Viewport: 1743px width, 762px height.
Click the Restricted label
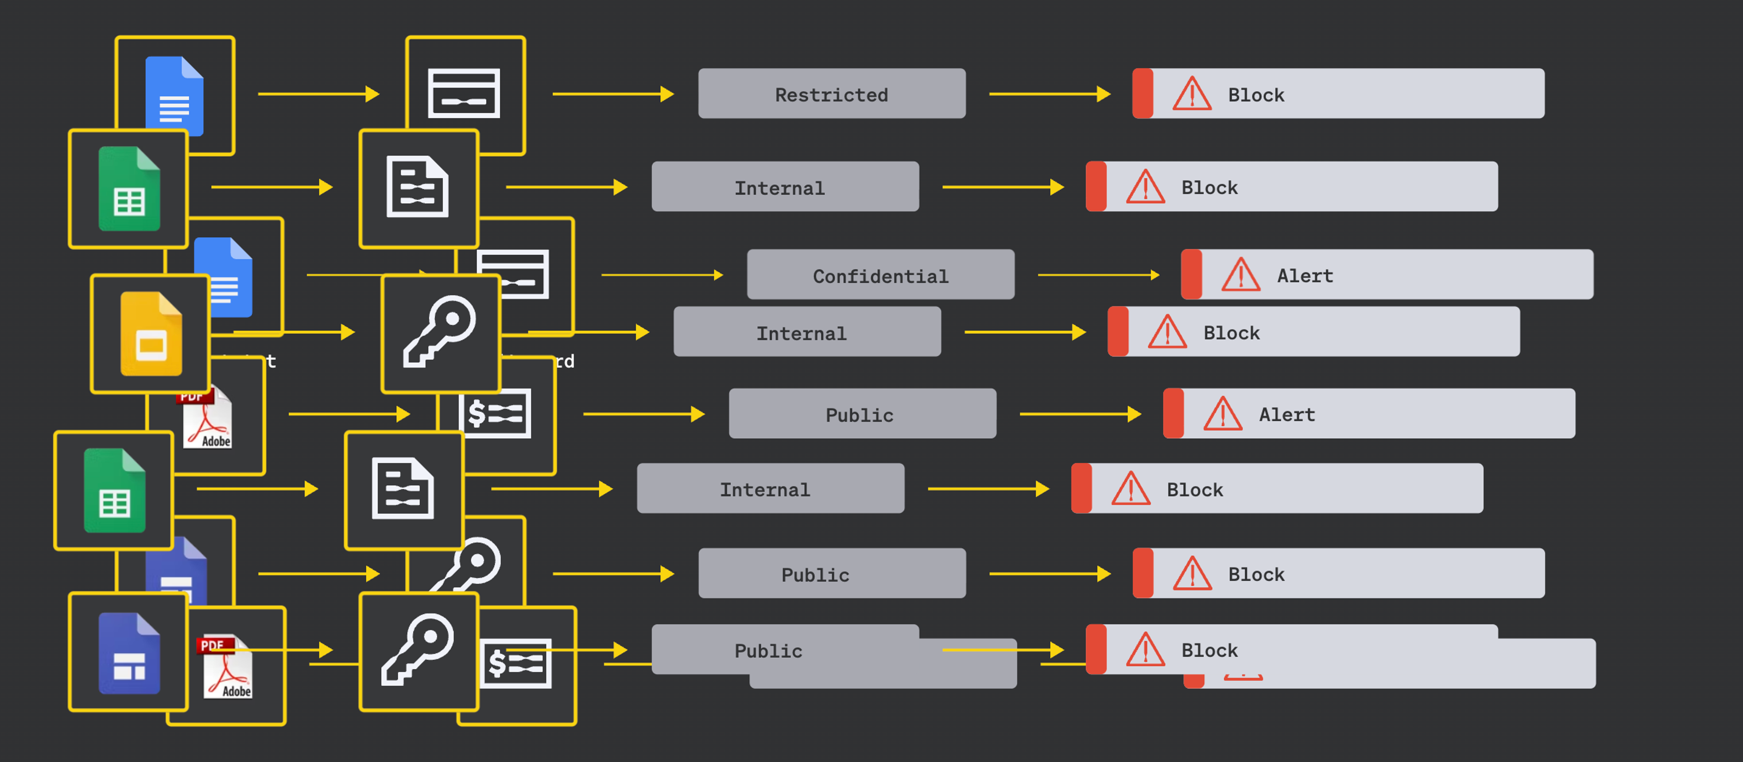coord(831,94)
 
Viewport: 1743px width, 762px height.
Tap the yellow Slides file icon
coord(151,334)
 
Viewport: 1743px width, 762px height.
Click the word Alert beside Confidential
coord(1305,275)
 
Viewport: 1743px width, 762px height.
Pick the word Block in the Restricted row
coord(1256,95)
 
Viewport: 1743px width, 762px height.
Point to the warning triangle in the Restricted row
coord(1192,94)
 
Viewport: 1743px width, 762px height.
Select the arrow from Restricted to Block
coord(1049,94)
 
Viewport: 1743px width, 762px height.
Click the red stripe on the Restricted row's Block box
coord(1142,93)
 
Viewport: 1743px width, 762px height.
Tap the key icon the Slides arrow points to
coord(440,332)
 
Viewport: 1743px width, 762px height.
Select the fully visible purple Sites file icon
coord(129,653)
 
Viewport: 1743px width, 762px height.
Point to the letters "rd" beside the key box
coord(564,361)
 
